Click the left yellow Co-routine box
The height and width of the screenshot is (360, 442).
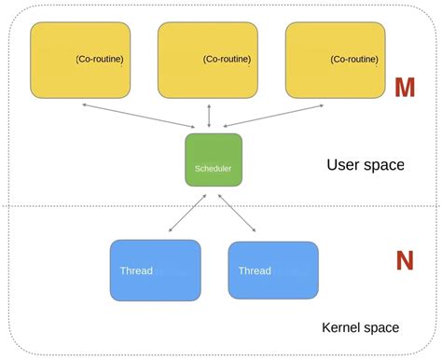tap(81, 60)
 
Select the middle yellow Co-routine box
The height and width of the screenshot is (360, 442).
tap(207, 60)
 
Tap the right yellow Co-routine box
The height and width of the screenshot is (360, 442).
tap(334, 60)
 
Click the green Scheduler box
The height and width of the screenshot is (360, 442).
tap(213, 159)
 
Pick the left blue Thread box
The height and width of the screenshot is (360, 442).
tap(155, 270)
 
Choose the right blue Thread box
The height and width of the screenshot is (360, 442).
tap(272, 270)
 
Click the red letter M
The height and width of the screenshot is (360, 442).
tap(404, 89)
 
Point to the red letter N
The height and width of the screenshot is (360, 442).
tap(404, 261)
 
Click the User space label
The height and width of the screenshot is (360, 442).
tap(365, 165)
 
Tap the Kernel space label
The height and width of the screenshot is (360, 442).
tap(360, 327)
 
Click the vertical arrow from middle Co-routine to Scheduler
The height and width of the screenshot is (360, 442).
tap(209, 116)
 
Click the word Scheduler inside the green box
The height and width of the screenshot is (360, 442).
tap(213, 169)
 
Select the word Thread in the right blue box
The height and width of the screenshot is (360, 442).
tap(255, 271)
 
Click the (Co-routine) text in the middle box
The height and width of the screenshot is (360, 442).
tap(228, 60)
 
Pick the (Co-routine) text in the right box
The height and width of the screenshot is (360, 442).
tap(355, 60)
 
